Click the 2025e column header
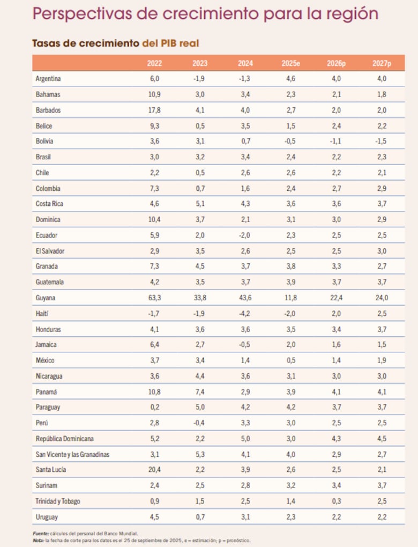[290, 63]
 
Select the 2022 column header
[155, 63]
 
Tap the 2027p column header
[382, 63]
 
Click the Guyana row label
[46, 298]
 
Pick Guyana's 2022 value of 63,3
[155, 298]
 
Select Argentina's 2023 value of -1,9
[200, 78]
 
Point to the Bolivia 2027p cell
[382, 141]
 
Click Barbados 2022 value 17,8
[155, 110]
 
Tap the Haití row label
[43, 313]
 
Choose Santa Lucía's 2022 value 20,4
[155, 470]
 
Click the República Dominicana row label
[64, 439]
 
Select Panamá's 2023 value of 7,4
[200, 391]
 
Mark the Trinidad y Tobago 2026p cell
[336, 501]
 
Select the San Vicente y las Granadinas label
[72, 454]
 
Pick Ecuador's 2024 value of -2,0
[245, 235]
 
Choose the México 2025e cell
[290, 360]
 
